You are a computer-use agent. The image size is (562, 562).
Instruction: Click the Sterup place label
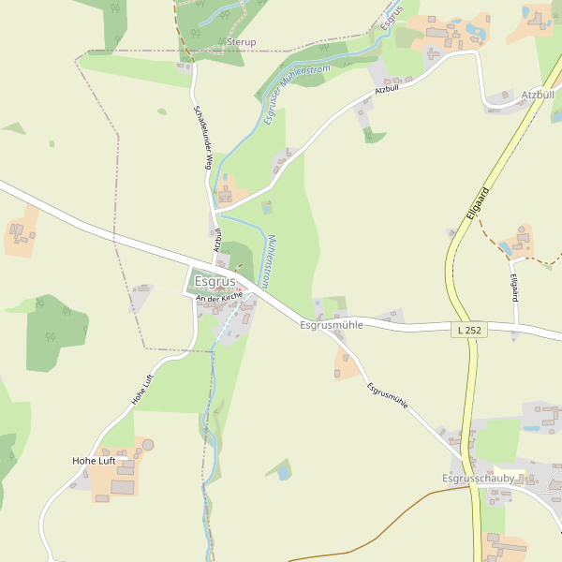click(241, 42)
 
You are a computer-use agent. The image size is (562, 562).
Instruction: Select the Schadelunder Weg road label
click(200, 137)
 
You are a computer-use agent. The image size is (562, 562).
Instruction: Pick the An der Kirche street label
click(220, 295)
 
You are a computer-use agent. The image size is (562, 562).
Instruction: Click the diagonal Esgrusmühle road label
click(387, 394)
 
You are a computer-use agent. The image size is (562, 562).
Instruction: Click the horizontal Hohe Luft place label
click(98, 461)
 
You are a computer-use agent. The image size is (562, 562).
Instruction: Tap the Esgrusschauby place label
click(478, 478)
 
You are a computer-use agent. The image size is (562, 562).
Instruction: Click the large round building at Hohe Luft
click(148, 444)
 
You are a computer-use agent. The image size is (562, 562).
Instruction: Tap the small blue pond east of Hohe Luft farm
click(282, 473)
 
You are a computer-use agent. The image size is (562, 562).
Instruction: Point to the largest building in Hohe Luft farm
click(123, 486)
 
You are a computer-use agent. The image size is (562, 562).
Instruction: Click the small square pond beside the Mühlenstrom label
click(267, 207)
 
